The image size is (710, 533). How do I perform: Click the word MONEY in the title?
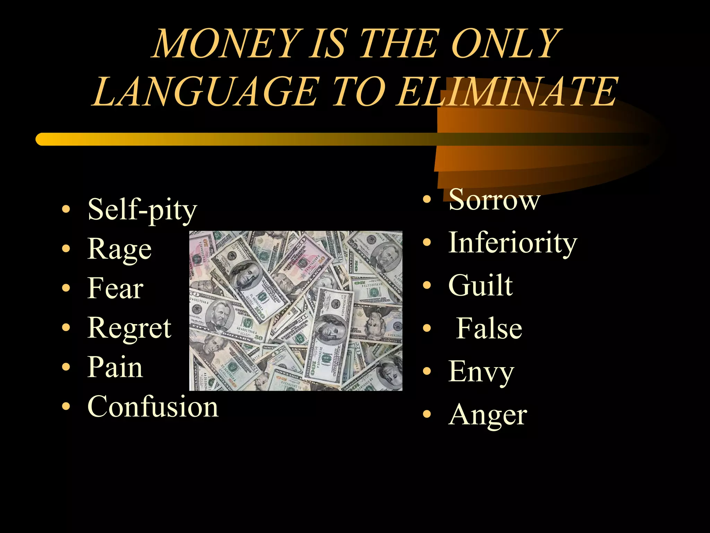pyautogui.click(x=227, y=44)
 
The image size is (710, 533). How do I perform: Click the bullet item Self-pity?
pyautogui.click(x=142, y=210)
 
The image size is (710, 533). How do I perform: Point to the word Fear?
pyautogui.click(x=115, y=288)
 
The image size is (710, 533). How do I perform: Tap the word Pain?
pyautogui.click(x=115, y=367)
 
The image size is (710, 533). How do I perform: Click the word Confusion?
pyautogui.click(x=153, y=407)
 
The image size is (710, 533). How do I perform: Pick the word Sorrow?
pyautogui.click(x=494, y=200)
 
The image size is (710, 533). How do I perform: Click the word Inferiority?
pyautogui.click(x=513, y=243)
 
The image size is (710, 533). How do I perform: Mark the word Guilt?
pyautogui.click(x=480, y=286)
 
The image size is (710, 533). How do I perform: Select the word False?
pyautogui.click(x=489, y=329)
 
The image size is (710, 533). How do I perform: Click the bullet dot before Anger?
pyautogui.click(x=427, y=414)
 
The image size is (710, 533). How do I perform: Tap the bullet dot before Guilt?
pyautogui.click(x=427, y=285)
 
